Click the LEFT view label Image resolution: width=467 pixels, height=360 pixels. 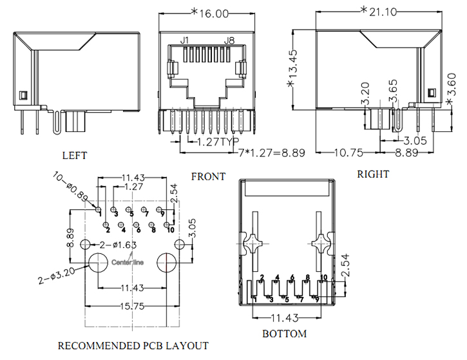point(74,155)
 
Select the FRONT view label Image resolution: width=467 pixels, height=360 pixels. point(209,176)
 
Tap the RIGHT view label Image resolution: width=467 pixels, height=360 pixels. point(373,174)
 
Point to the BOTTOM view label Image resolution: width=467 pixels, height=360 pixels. point(284,334)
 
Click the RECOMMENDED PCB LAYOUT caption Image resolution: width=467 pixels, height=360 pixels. point(133,345)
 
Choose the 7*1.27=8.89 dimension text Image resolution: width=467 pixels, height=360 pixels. point(271,153)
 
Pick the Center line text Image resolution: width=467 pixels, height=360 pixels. point(127,262)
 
